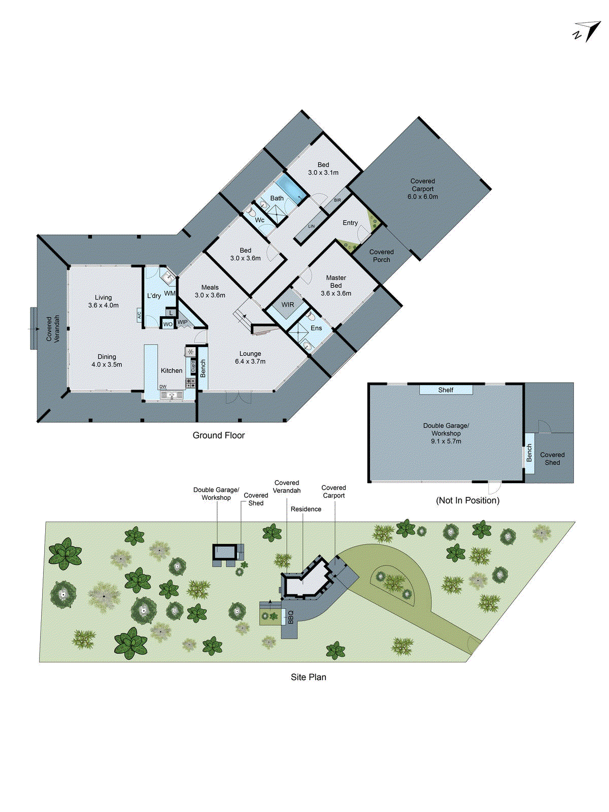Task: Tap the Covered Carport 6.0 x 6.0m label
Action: (422, 189)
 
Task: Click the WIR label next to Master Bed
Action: (288, 305)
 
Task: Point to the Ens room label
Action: (316, 328)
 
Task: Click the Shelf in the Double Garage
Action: (446, 390)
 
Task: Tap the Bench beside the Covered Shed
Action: (529, 453)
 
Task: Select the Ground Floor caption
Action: (219, 435)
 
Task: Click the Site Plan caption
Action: (308, 677)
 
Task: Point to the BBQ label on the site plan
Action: (291, 617)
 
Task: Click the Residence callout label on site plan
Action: (306, 509)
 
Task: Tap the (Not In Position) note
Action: (467, 500)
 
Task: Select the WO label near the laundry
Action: (167, 324)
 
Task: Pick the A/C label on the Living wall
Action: (139, 315)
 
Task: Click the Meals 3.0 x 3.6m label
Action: (210, 291)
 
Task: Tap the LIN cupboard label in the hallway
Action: (311, 226)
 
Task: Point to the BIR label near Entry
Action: (337, 200)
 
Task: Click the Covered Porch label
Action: (381, 256)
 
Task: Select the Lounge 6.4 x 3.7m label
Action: (250, 358)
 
